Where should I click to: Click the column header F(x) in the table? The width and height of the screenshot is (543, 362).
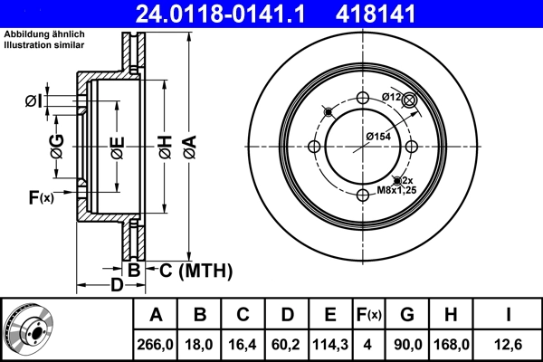click(x=368, y=315)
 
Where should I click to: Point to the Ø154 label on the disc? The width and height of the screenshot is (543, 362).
click(x=377, y=135)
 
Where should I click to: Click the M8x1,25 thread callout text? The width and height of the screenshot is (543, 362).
click(x=396, y=192)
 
